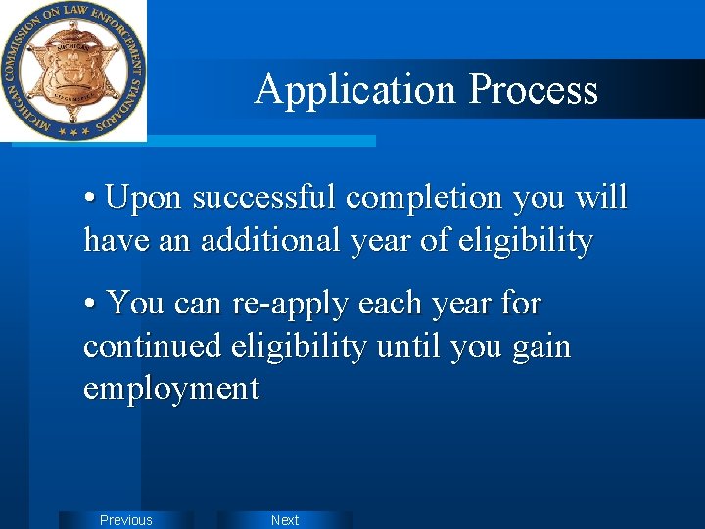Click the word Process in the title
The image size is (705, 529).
point(533,90)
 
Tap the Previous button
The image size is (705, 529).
point(126,520)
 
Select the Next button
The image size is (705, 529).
point(284,520)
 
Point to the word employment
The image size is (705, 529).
point(171,389)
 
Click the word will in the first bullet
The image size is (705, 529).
point(601,197)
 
